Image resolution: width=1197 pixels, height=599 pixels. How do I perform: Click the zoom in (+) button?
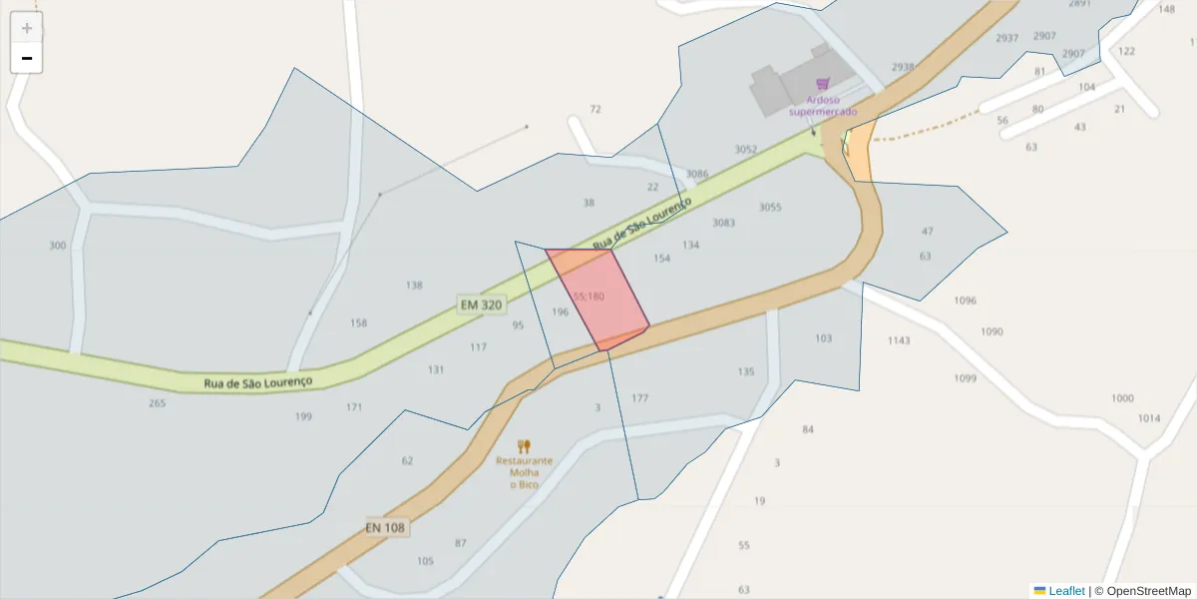point(27,28)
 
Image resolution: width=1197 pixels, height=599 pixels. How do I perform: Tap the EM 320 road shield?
point(481,304)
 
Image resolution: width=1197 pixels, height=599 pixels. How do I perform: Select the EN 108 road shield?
point(387,527)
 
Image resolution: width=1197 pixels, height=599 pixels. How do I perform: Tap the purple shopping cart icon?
point(822,85)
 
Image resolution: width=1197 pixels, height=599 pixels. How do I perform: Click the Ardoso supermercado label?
point(822,106)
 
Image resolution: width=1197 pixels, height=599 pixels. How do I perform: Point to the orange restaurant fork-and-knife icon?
point(524,446)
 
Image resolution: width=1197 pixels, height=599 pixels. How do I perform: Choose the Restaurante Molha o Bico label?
point(524,472)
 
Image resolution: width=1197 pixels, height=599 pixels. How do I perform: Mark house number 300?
point(58,246)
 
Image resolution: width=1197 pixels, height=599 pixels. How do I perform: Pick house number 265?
point(157,403)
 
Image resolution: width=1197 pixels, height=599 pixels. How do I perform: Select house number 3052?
point(746,150)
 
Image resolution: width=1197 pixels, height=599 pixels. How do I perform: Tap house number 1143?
point(899,340)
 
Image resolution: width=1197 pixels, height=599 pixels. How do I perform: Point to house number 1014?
point(1149,418)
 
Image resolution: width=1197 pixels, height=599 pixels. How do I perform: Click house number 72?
point(596,109)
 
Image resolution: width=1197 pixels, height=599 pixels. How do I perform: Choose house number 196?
point(560,312)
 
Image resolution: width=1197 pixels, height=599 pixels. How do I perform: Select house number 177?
point(639,398)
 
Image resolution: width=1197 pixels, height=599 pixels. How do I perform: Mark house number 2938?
point(903,67)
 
